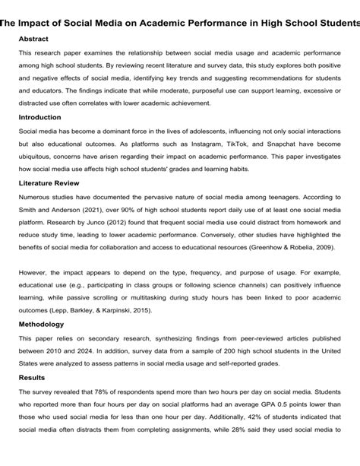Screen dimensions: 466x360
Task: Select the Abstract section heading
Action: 39,38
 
